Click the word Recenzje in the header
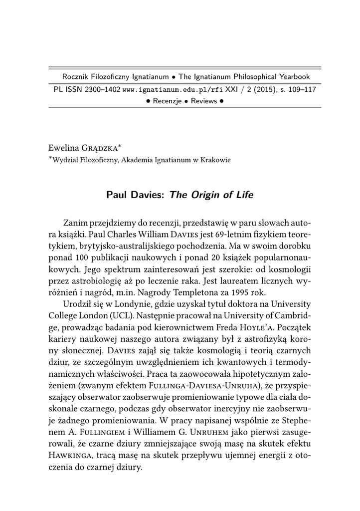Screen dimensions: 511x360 (x=168, y=101)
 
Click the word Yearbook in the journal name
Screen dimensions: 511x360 (x=293, y=77)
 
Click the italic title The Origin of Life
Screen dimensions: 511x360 (x=211, y=195)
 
